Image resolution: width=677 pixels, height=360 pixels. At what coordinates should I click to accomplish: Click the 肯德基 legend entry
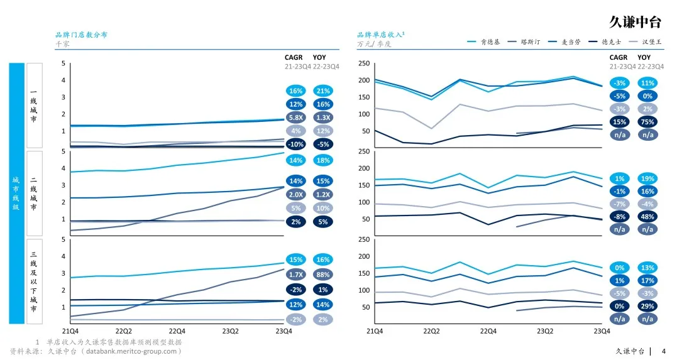490,42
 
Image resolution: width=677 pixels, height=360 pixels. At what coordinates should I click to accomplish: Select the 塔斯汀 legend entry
530,42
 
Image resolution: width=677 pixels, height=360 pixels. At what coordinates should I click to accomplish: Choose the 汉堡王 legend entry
651,42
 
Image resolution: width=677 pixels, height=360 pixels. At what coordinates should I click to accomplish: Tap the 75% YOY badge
647,123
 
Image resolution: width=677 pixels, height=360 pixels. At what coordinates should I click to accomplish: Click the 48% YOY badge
647,216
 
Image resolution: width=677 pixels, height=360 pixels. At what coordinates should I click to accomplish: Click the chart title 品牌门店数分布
81,35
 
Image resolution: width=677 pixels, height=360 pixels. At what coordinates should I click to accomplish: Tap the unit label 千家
62,45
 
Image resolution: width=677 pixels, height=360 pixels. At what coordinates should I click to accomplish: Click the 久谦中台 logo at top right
636,22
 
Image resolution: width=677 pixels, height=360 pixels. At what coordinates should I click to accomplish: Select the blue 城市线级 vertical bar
16,193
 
